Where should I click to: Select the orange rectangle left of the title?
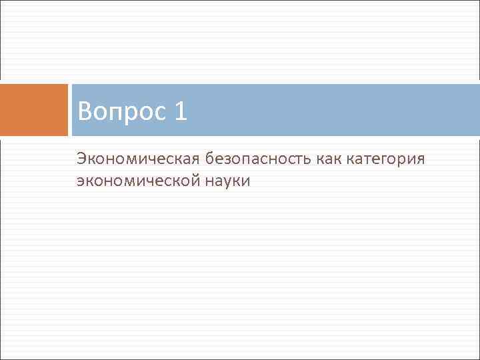click(x=33, y=109)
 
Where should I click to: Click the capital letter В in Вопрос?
click(x=84, y=111)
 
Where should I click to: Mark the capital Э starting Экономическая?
click(x=81, y=160)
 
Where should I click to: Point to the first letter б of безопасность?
click(x=211, y=160)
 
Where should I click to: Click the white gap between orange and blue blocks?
click(x=70, y=109)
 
